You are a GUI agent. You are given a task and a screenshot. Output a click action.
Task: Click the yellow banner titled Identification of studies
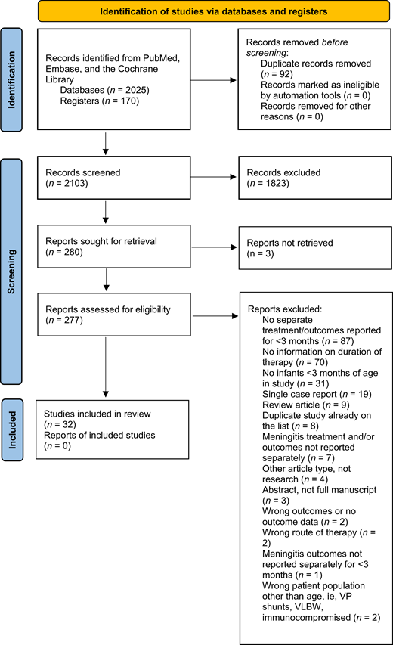204,13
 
